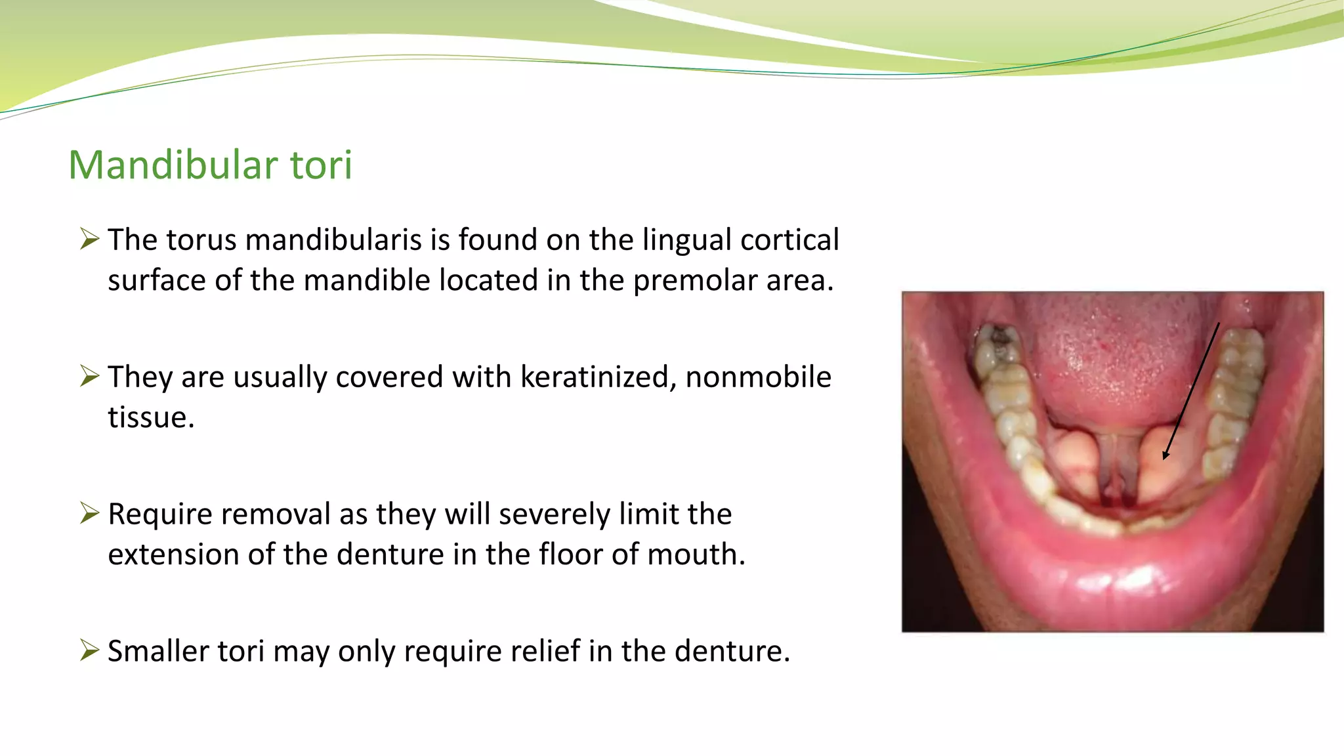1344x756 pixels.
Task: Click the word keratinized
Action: [598, 377]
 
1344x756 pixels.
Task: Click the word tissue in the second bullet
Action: [150, 417]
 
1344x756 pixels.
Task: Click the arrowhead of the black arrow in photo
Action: [1165, 455]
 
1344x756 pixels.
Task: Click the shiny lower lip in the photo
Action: [1116, 577]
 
